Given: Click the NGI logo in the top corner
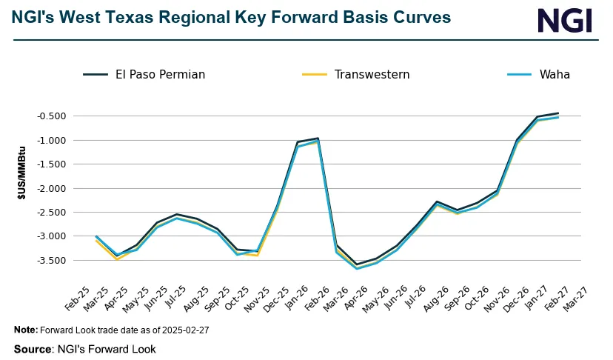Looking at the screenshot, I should pyautogui.click(x=565, y=20).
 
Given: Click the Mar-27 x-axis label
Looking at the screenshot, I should pyautogui.click(x=572, y=294).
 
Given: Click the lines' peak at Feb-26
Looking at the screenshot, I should pyautogui.click(x=318, y=139).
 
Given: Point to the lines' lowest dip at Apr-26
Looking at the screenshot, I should pyautogui.click(x=358, y=267).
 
